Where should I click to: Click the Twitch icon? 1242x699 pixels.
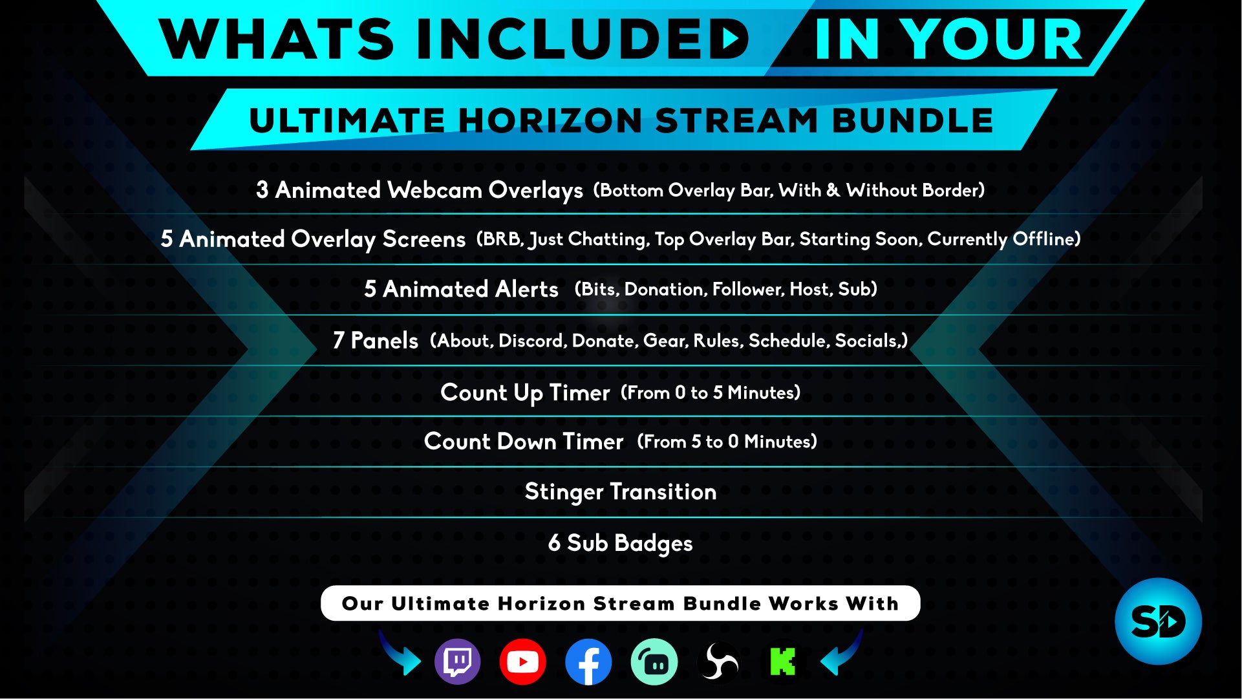click(x=458, y=661)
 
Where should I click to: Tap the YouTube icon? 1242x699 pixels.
click(x=522, y=661)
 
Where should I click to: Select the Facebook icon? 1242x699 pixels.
click(x=588, y=661)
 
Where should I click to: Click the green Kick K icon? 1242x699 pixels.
click(x=783, y=661)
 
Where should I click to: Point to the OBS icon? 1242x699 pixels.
click(x=718, y=661)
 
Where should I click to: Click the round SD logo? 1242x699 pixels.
click(x=1158, y=621)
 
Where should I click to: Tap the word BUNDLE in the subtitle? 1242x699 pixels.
click(x=912, y=121)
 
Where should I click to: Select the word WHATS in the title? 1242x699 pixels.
click(x=276, y=39)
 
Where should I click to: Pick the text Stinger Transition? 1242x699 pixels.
click(x=621, y=492)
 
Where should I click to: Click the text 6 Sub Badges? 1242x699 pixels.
click(x=621, y=543)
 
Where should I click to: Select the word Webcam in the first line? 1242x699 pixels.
click(x=434, y=190)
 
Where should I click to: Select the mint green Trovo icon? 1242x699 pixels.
click(x=654, y=661)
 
